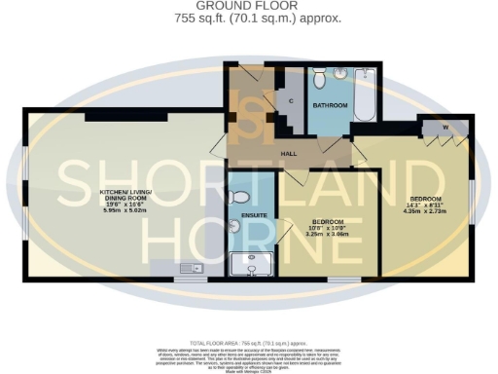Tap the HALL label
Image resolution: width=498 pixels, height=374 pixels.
[x=289, y=154]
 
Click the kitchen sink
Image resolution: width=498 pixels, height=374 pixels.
[x=190, y=267]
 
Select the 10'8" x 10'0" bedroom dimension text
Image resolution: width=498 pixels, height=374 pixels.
[x=326, y=229]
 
